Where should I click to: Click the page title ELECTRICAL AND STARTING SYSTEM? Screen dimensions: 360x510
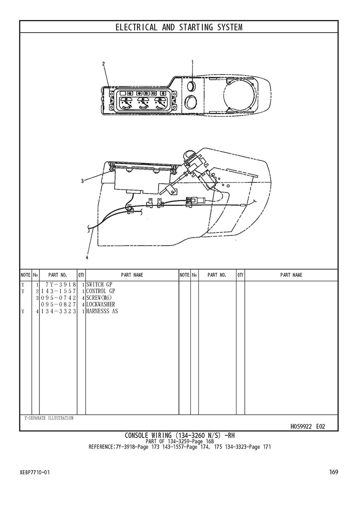pyautogui.click(x=179, y=27)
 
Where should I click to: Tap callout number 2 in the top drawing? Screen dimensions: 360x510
pyautogui.click(x=104, y=64)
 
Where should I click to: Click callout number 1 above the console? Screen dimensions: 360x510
pyautogui.click(x=192, y=62)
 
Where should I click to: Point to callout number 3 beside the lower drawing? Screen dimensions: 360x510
pyautogui.click(x=83, y=181)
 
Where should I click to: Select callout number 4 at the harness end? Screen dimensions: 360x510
pyautogui.click(x=87, y=258)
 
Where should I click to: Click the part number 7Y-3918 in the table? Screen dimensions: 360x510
pyautogui.click(x=61, y=285)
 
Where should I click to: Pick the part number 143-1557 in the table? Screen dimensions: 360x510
pyautogui.click(x=58, y=291)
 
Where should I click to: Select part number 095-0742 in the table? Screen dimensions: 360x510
pyautogui.click(x=58, y=298)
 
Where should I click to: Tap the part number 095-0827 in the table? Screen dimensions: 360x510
pyautogui.click(x=58, y=305)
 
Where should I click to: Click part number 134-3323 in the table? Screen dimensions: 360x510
pyautogui.click(x=58, y=311)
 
